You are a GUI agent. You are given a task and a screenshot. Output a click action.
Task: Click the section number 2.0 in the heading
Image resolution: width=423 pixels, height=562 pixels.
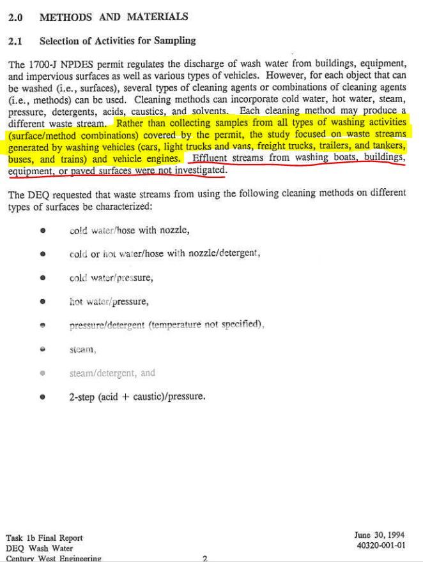pos(16,18)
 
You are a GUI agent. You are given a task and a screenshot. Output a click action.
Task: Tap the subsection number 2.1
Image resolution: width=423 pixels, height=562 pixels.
pos(15,41)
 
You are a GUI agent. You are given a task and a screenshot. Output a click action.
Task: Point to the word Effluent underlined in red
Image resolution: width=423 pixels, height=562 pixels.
pos(211,158)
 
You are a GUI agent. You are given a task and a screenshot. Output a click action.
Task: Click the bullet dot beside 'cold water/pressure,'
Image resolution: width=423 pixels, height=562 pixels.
pos(43,278)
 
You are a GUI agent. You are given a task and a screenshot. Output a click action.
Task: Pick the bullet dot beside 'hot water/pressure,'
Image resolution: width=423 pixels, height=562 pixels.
pos(43,301)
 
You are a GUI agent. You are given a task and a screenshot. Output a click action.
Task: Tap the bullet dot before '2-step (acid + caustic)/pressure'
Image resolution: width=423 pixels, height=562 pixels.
pos(43,397)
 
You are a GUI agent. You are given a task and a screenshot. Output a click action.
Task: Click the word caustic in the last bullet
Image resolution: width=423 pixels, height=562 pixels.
pos(148,397)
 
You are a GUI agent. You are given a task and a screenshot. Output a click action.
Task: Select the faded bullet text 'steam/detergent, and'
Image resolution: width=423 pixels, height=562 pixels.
pos(112,373)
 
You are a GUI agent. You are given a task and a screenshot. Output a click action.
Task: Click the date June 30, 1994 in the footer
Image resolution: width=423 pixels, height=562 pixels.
pos(379,535)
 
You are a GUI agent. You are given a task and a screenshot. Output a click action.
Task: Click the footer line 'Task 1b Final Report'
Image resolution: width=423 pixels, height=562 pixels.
pos(45,538)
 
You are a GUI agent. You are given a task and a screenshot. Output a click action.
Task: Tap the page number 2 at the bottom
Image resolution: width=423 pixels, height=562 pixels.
pos(204,559)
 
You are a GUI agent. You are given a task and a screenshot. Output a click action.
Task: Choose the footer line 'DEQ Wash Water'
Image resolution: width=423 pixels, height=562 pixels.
pos(40,548)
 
